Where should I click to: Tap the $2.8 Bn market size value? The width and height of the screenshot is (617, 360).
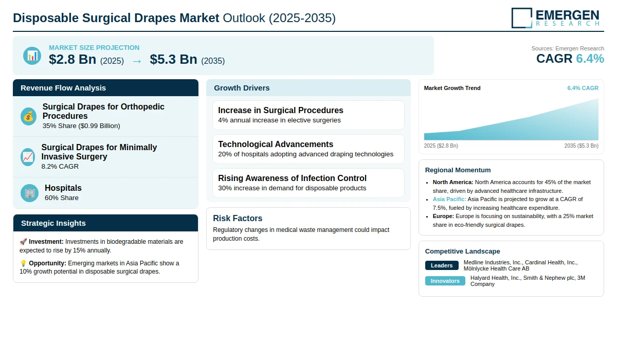(72, 59)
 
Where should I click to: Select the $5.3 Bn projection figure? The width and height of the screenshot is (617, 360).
(174, 59)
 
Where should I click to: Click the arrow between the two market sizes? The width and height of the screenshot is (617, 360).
(137, 61)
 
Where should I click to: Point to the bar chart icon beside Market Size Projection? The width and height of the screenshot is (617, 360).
(32, 56)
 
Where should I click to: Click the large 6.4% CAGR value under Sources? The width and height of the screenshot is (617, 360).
(590, 59)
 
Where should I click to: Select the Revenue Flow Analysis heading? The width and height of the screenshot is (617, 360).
(63, 88)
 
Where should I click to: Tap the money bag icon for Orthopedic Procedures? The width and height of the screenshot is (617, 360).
(28, 116)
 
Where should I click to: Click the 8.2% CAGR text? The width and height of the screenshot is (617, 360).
(60, 166)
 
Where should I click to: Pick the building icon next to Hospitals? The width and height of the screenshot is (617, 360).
(29, 193)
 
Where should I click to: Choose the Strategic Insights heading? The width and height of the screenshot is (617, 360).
(53, 223)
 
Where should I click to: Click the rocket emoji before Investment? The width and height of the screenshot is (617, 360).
(23, 242)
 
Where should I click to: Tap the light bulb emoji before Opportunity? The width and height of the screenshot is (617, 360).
(23, 263)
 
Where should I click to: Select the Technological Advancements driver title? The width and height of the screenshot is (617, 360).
(276, 144)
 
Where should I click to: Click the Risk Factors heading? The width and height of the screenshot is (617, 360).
(238, 218)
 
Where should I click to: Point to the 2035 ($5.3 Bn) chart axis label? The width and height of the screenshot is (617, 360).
(581, 146)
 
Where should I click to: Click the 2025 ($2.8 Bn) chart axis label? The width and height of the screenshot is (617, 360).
(441, 146)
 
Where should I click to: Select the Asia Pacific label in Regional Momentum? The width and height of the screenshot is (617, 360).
(449, 199)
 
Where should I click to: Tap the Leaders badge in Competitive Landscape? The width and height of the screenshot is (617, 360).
(442, 265)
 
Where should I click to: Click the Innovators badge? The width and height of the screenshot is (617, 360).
(445, 281)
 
